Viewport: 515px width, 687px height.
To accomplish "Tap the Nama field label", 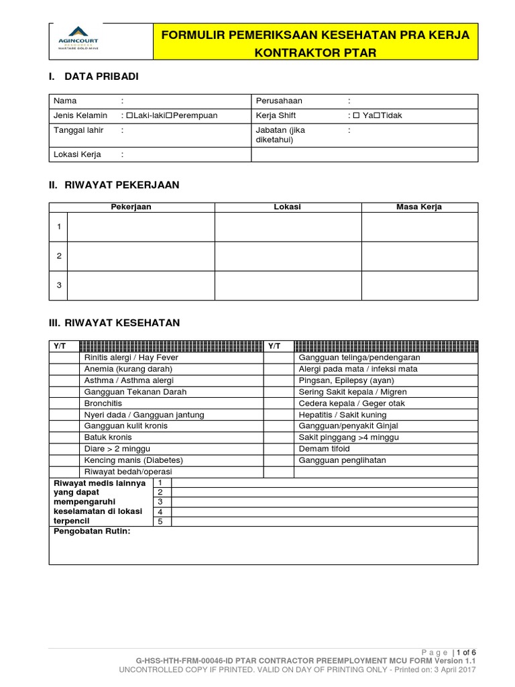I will pos(65,101).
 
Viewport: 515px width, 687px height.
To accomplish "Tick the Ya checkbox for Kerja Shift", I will pos(357,115).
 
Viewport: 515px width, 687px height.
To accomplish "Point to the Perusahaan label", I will pos(279,101).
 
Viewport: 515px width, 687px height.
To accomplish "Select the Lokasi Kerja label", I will pos(77,154).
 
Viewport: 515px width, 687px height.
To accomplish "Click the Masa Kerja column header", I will pos(420,207).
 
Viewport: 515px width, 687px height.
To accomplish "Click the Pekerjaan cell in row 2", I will pos(141,256).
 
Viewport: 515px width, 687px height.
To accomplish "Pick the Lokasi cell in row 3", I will pos(288,285).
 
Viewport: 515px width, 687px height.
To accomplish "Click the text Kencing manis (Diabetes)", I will pos(133,460).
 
